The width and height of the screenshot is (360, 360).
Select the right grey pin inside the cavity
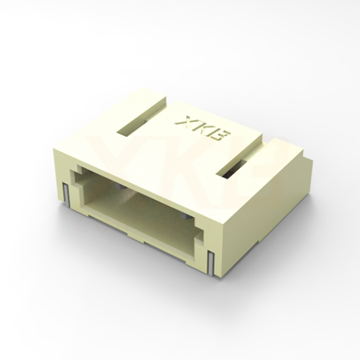point(185,216)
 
